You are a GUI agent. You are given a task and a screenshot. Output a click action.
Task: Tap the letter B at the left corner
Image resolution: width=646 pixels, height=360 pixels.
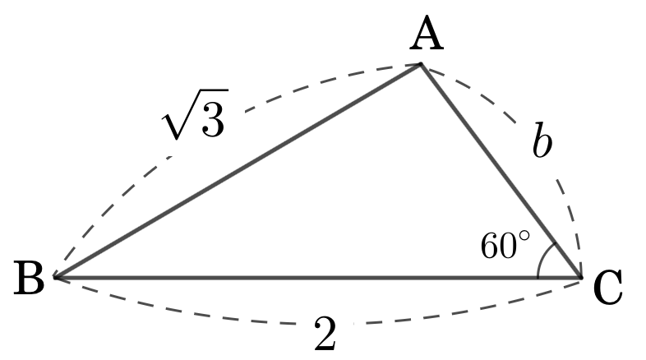[29, 278]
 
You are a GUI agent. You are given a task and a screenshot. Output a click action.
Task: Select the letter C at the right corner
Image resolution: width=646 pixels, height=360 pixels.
[607, 288]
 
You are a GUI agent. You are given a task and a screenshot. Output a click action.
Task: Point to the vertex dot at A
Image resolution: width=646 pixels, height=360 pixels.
[421, 64]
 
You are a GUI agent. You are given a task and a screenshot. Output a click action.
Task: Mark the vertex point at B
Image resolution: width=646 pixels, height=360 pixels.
[55, 277]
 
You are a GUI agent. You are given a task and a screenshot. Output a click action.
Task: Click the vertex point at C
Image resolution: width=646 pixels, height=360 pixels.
[580, 277]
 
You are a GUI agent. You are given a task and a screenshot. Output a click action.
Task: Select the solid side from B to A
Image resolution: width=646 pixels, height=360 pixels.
[238, 170]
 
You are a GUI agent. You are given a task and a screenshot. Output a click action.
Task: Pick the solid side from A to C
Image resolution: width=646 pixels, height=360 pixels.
[501, 170]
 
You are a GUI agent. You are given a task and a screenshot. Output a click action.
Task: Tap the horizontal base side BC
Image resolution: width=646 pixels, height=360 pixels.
[317, 278]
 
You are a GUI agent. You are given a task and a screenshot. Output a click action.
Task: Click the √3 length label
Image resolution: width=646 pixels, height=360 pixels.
[195, 113]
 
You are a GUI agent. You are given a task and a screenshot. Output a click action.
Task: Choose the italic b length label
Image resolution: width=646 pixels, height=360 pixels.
[542, 141]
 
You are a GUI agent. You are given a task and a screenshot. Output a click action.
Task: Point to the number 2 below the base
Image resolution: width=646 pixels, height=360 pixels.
[325, 333]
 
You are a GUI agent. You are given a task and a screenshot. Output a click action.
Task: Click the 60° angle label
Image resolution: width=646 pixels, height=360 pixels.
[505, 245]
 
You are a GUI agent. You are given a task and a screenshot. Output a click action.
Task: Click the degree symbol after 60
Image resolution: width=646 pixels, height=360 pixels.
[524, 236]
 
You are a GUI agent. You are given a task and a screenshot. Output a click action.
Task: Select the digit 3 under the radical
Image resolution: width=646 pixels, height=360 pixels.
[214, 118]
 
